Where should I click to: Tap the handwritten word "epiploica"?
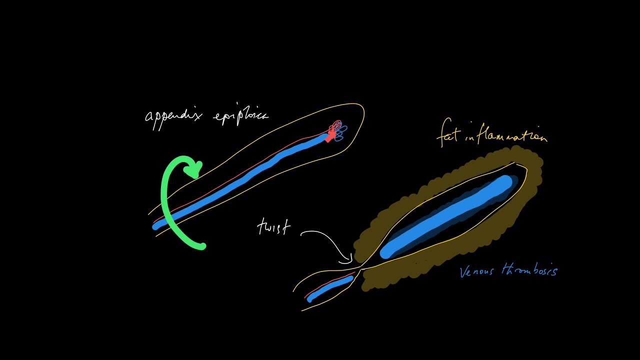click(x=240, y=117)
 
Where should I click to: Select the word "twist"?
click(x=274, y=227)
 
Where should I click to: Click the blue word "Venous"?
click(x=476, y=271)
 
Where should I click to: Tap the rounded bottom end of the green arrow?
click(x=201, y=245)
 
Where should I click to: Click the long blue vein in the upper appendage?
click(x=240, y=182)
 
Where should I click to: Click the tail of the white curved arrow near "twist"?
click(x=302, y=233)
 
